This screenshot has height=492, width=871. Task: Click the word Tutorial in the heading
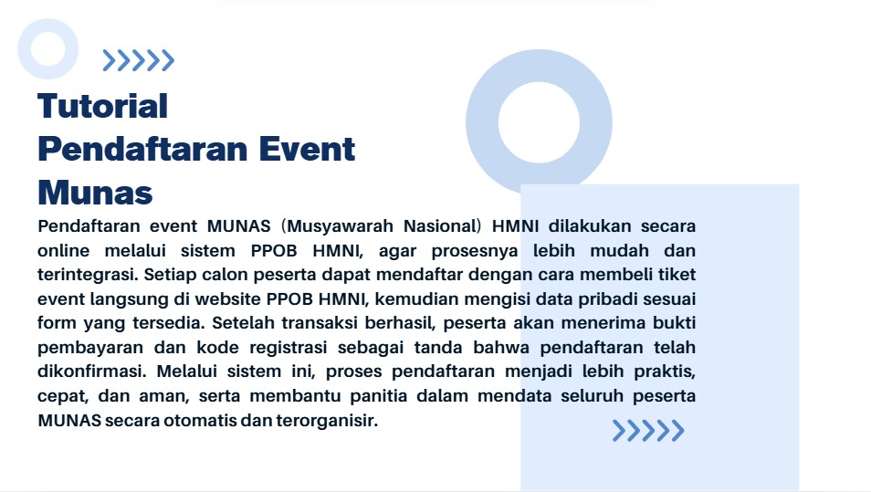point(103,106)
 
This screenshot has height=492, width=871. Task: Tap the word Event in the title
point(307,150)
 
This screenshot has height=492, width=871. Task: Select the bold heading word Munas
point(95,193)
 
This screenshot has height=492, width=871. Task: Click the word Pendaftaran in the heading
point(142,150)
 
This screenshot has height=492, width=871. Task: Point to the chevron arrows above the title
point(138,60)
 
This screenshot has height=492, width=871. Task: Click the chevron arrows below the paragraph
point(648,431)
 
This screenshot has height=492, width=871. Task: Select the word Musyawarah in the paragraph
point(340,226)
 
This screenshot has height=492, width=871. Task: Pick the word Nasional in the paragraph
point(440,226)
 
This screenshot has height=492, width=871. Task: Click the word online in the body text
point(63,250)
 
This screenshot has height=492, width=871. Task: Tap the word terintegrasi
point(89,275)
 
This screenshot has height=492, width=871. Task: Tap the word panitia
point(378,396)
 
